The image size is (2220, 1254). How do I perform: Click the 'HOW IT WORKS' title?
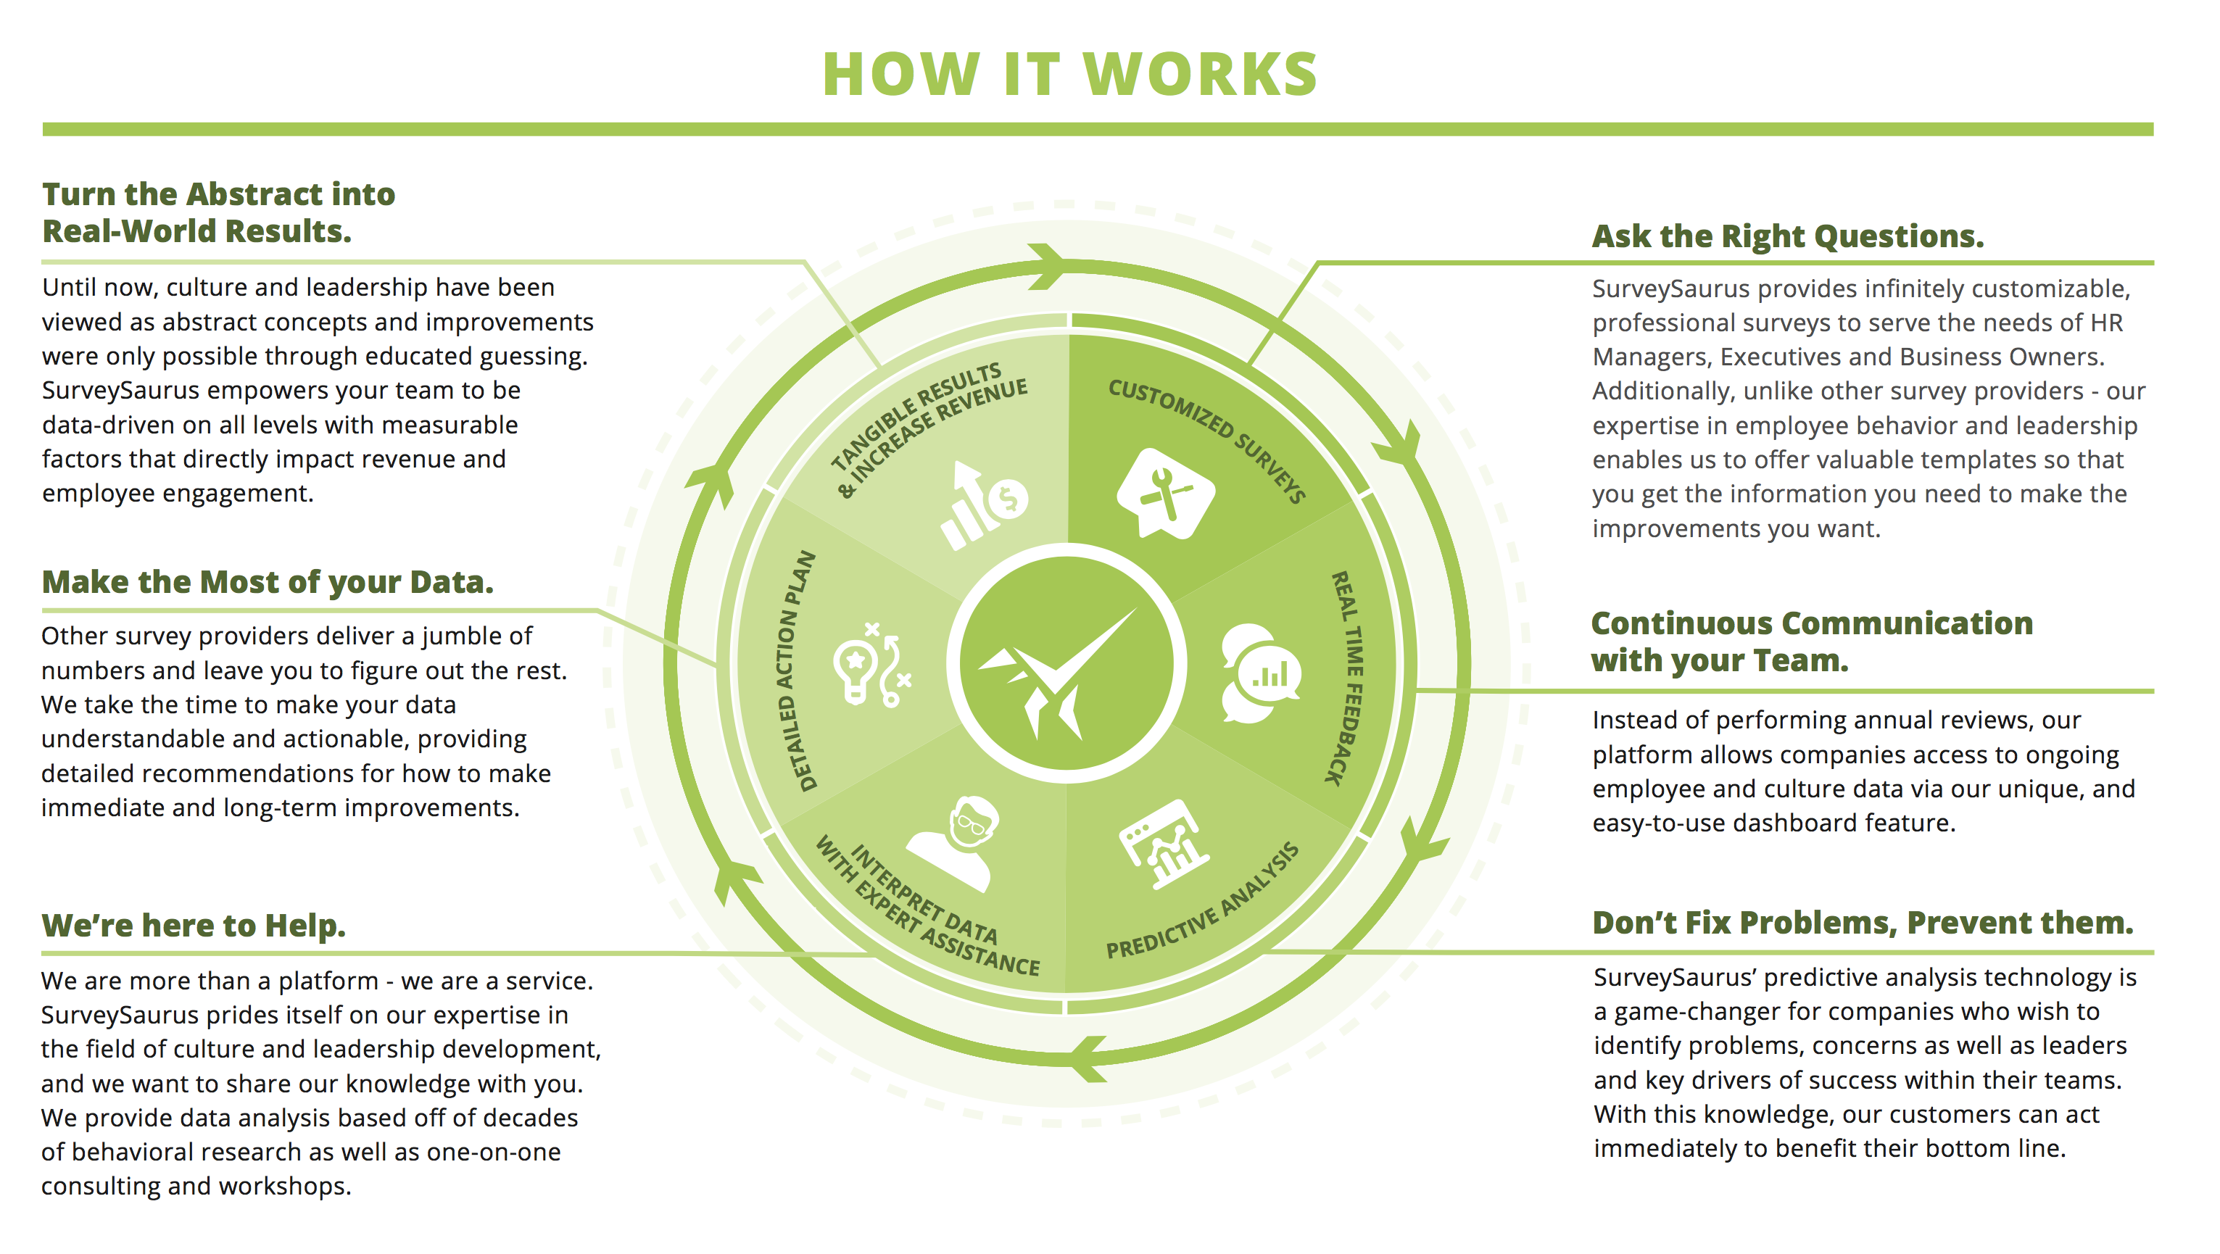1069,74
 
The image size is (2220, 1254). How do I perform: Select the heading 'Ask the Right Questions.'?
1786,236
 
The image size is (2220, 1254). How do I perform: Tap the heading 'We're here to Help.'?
193,925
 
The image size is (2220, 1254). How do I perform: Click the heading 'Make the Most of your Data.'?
267,582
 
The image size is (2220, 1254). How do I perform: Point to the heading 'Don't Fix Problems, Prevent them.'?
1863,922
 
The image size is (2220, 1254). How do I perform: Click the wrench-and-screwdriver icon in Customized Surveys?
1164,494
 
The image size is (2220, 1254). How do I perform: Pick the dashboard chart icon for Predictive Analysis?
1164,843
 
